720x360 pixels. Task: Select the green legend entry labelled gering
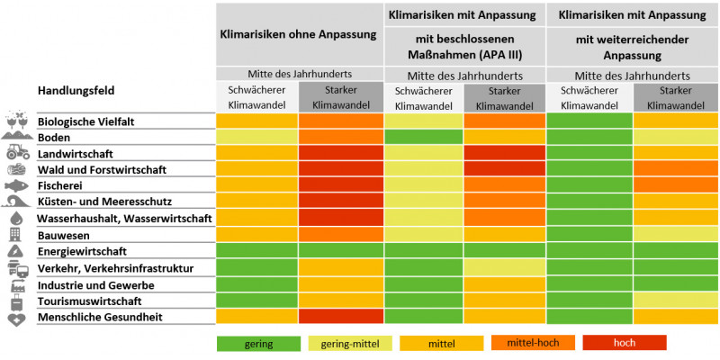pos(257,343)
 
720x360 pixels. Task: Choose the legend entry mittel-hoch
pos(530,343)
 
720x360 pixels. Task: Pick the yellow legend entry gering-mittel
pos(348,343)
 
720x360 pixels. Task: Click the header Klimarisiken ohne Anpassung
pos(299,34)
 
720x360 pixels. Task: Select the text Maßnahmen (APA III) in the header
pos(464,53)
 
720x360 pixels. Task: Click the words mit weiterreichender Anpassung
pos(632,45)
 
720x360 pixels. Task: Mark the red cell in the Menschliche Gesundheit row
pos(341,317)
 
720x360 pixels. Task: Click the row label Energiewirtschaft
pos(82,251)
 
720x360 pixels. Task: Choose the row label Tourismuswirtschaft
pos(89,301)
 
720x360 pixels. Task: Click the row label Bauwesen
pos(62,235)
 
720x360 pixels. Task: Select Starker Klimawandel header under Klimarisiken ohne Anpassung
pos(341,97)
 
